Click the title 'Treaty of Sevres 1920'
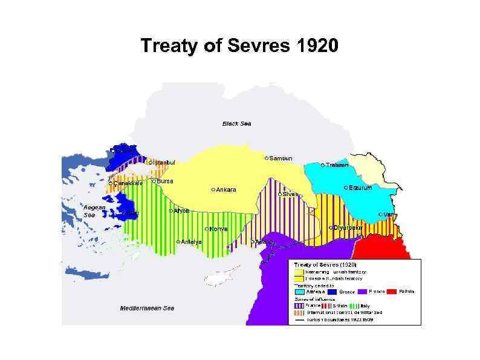239,45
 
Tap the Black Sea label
236,124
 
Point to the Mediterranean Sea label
147,309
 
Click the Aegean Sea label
94,211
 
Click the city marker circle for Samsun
266,158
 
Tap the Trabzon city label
337,165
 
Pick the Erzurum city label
360,188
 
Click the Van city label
389,215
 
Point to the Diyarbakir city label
348,227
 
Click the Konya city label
218,229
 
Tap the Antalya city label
191,242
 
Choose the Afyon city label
182,211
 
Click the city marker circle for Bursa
154,181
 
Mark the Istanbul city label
164,162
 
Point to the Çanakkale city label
128,183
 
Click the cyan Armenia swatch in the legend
299,292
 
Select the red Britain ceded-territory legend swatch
391,292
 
